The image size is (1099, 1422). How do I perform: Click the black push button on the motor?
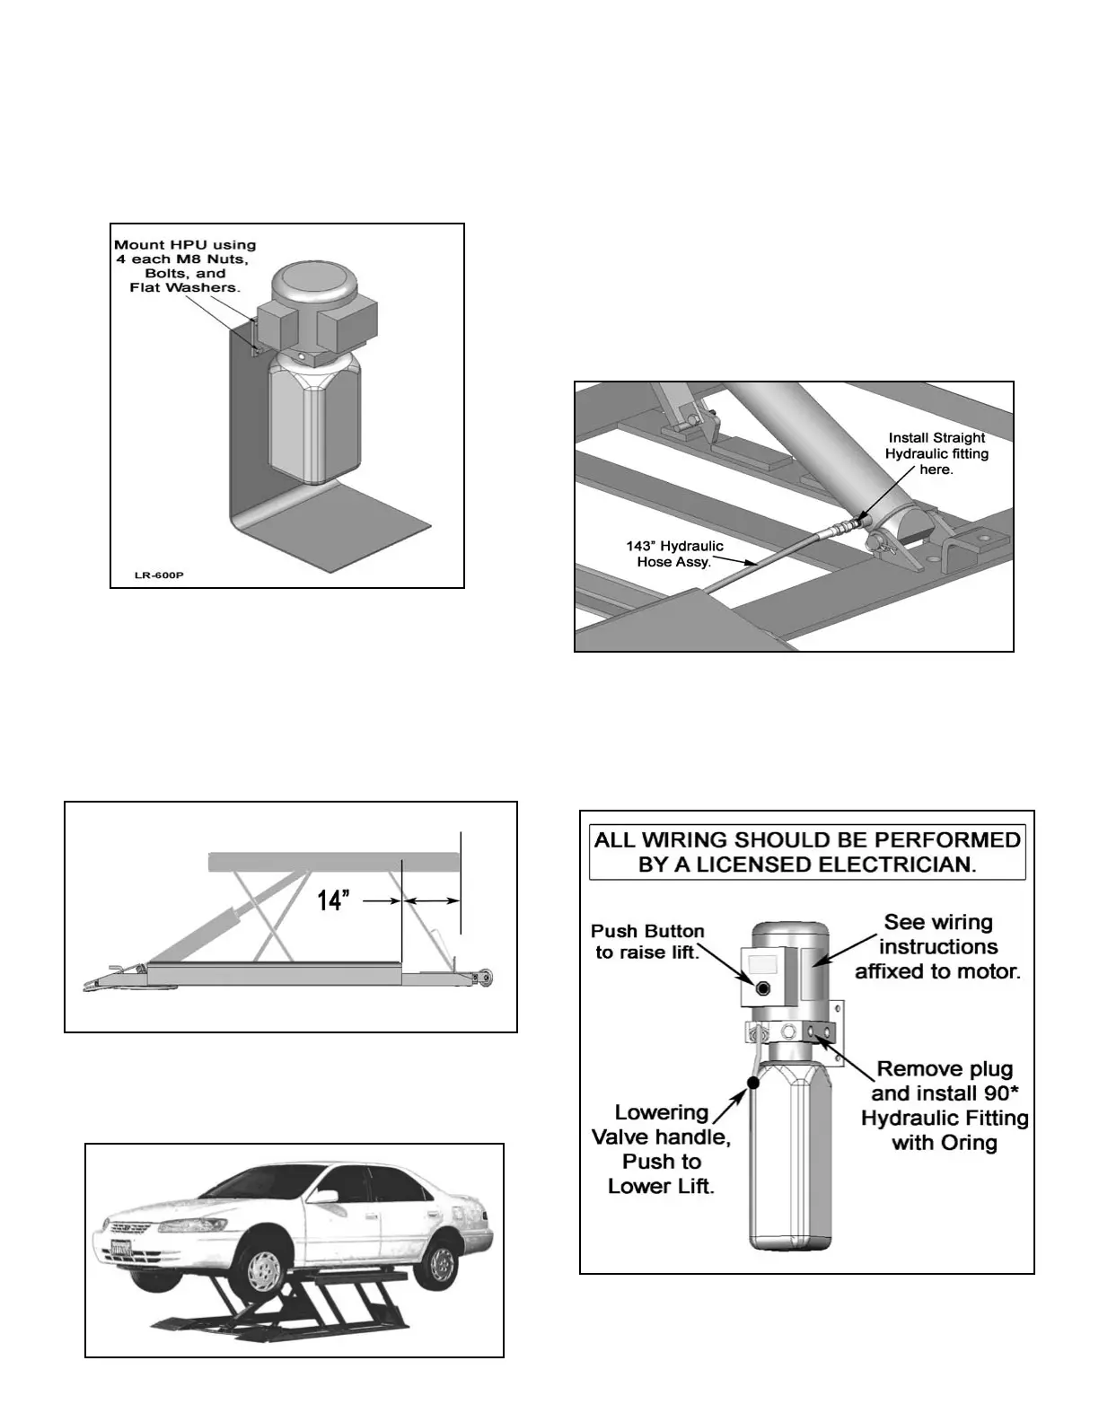tap(763, 988)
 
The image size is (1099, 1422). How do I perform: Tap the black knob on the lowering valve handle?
tap(752, 1083)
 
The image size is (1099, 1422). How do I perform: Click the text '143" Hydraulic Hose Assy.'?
tap(674, 553)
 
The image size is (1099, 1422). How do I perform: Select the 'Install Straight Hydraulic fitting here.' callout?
tap(936, 453)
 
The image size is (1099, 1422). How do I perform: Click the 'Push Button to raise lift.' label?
tap(647, 941)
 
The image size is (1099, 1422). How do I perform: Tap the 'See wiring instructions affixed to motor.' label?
tap(937, 946)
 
